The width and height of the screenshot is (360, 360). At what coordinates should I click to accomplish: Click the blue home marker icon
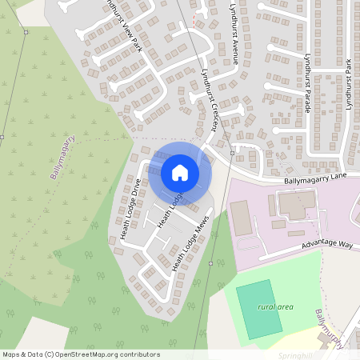point(180,173)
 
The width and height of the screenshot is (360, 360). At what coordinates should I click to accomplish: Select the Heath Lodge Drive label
point(130,209)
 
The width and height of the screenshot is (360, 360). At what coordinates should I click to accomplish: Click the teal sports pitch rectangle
point(259,309)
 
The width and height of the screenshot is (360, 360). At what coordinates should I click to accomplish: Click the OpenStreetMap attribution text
point(81,354)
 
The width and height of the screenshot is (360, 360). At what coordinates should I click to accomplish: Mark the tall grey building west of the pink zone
point(240,218)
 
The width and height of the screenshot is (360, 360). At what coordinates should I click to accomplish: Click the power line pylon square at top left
point(26,32)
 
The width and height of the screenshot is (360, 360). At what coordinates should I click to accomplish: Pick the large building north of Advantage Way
point(297,206)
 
